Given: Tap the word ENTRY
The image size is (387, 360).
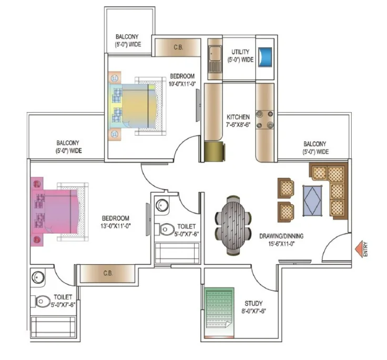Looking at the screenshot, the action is tap(365, 249).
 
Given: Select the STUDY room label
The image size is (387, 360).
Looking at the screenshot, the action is tap(253, 303).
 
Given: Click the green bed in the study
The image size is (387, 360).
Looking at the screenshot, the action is tap(220, 308).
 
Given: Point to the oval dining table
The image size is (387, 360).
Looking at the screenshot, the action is tap(233, 225).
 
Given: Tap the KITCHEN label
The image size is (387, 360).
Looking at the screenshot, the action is tap(238, 117).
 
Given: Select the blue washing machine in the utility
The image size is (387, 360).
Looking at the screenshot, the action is tap(265, 57).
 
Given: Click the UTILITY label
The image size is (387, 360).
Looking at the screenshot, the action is tap(240, 52).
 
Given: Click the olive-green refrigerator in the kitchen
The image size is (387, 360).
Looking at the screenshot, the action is tap(215, 152).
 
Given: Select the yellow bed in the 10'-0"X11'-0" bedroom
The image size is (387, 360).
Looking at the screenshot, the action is tap(137, 106).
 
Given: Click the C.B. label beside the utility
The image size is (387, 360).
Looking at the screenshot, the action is tap(178, 47).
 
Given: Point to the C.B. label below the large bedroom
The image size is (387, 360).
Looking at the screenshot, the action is tap(108, 273).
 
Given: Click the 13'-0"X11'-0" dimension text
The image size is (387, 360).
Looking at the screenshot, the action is tap(116, 226).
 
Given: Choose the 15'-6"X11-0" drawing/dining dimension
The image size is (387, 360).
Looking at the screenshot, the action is tap(282, 244).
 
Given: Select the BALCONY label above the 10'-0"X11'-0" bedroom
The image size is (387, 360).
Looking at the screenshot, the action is tap(127, 36).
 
